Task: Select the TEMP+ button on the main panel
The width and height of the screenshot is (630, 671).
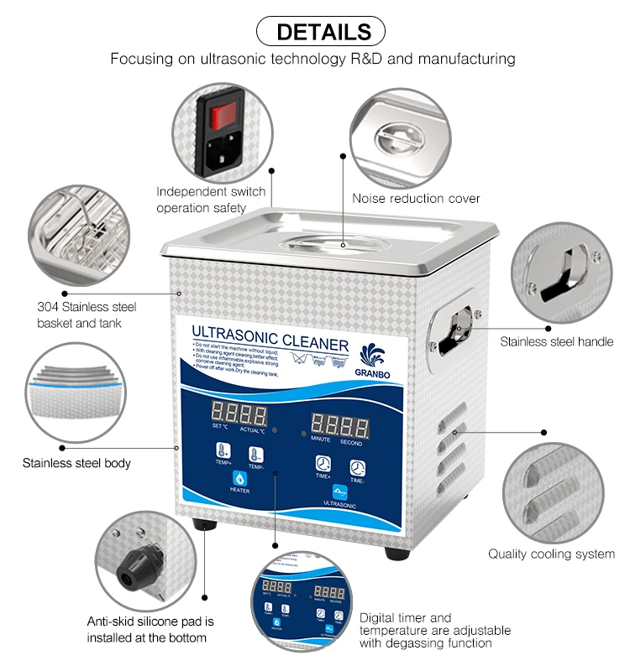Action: [223, 453]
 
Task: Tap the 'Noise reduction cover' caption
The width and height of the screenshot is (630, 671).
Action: [417, 199]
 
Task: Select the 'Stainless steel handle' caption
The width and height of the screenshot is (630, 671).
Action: [557, 341]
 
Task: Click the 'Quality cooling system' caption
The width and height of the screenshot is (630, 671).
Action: [552, 554]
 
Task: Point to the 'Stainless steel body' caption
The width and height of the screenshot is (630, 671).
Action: [76, 462]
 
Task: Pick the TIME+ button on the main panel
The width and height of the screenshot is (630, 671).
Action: [323, 467]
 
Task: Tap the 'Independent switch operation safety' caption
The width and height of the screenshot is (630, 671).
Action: [211, 200]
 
